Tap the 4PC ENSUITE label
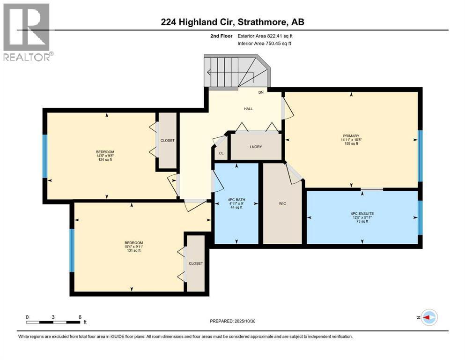click(362, 213)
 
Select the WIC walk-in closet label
click(282, 203)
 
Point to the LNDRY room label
click(256, 147)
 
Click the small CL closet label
click(221, 153)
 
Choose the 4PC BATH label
click(236, 199)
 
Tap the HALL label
click(248, 109)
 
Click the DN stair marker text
click(261, 92)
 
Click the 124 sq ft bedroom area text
click(105, 160)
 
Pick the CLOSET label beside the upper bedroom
click(167, 140)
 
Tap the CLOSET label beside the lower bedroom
click(196, 263)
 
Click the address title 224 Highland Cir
click(232, 22)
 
